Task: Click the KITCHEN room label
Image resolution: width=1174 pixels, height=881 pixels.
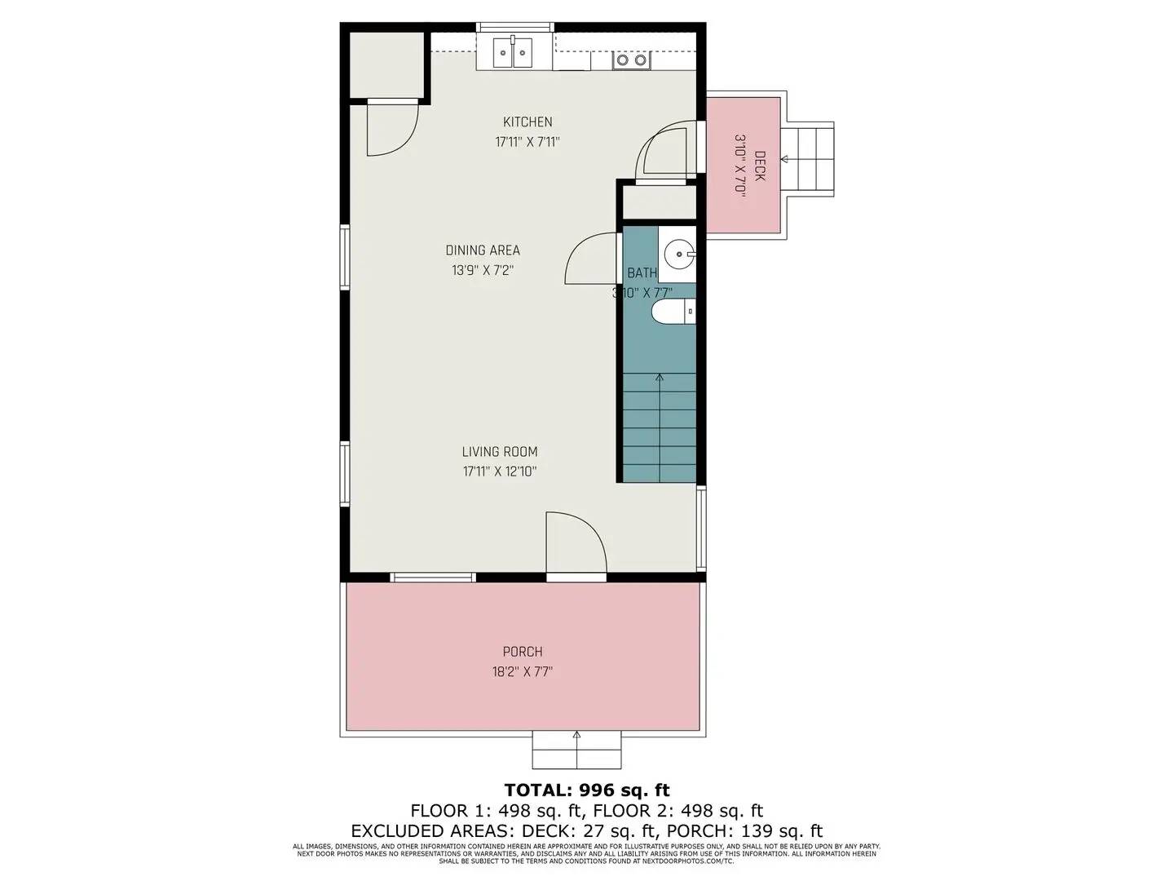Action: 527,122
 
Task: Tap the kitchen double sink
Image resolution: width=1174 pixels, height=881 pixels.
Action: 513,54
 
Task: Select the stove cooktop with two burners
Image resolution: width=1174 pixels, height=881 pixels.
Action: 632,60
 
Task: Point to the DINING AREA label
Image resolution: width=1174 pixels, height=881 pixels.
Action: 483,250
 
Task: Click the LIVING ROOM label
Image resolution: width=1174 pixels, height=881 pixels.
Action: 500,452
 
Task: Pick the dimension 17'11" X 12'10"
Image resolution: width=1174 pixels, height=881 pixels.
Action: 500,471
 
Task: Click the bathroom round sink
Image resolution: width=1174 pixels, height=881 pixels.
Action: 677,255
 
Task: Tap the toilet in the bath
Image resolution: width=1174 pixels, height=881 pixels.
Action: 673,312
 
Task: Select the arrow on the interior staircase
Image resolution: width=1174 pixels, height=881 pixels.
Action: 659,378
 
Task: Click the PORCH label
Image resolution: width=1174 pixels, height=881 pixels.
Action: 523,652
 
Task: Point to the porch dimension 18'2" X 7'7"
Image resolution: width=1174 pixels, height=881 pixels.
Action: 523,672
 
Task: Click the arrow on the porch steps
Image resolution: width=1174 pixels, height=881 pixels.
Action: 577,737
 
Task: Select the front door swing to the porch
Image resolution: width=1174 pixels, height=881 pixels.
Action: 575,542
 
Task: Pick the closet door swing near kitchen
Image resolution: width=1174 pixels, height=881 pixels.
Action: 392,129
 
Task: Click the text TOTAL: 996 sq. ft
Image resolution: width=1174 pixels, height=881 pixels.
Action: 587,790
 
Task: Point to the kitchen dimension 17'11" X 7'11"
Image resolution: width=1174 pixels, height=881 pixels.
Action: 527,142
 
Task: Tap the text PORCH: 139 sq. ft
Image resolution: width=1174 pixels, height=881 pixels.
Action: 744,831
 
